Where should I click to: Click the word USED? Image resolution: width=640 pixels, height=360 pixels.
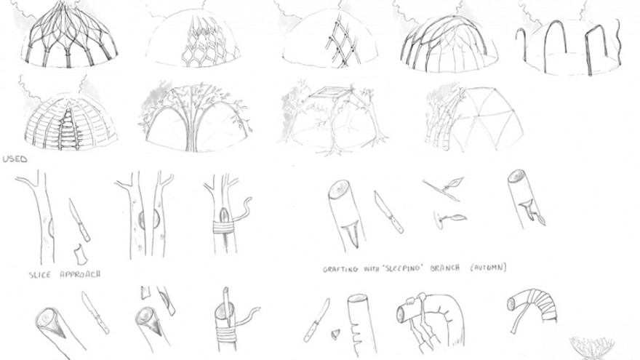[15, 159]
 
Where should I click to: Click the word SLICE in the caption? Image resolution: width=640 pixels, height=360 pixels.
[40, 275]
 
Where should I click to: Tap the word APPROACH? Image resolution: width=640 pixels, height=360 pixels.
[81, 274]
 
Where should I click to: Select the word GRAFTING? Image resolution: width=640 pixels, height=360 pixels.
[340, 269]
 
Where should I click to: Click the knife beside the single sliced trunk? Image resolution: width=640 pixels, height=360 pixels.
[79, 220]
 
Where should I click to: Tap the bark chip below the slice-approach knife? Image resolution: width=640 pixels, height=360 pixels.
[79, 255]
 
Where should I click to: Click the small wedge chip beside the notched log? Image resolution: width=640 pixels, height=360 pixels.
[335, 334]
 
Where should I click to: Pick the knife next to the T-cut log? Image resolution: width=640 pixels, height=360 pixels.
[388, 212]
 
